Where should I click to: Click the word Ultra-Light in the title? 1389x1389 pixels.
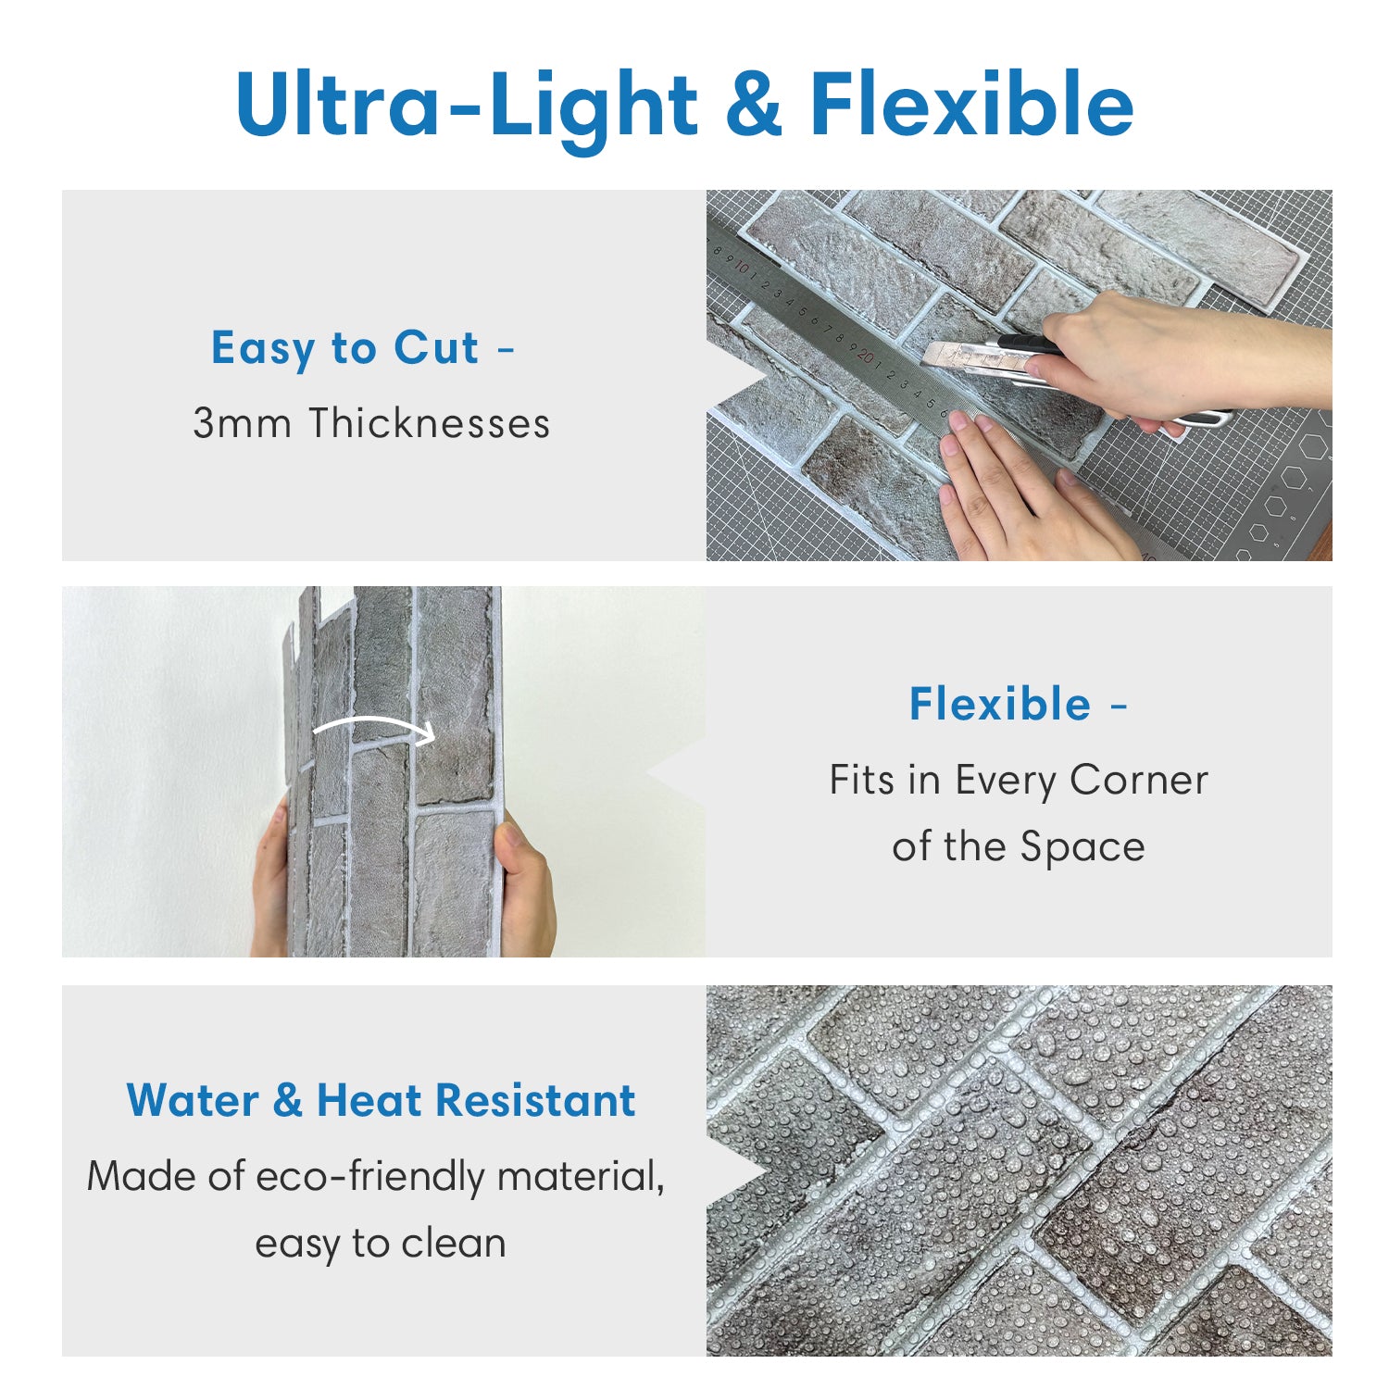(x=467, y=106)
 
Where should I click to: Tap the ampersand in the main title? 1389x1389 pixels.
(x=753, y=104)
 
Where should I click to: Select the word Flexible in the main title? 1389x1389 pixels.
(x=971, y=104)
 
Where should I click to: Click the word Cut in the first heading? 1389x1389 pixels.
(x=436, y=348)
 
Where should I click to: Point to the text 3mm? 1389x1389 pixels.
(x=243, y=423)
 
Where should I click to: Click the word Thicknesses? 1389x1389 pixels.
(x=430, y=423)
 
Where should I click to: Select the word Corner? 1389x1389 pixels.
(x=1139, y=781)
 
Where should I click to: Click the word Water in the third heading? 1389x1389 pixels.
(x=193, y=1101)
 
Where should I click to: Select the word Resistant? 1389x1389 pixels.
(x=535, y=1101)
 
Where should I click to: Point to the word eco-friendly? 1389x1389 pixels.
(x=369, y=1177)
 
